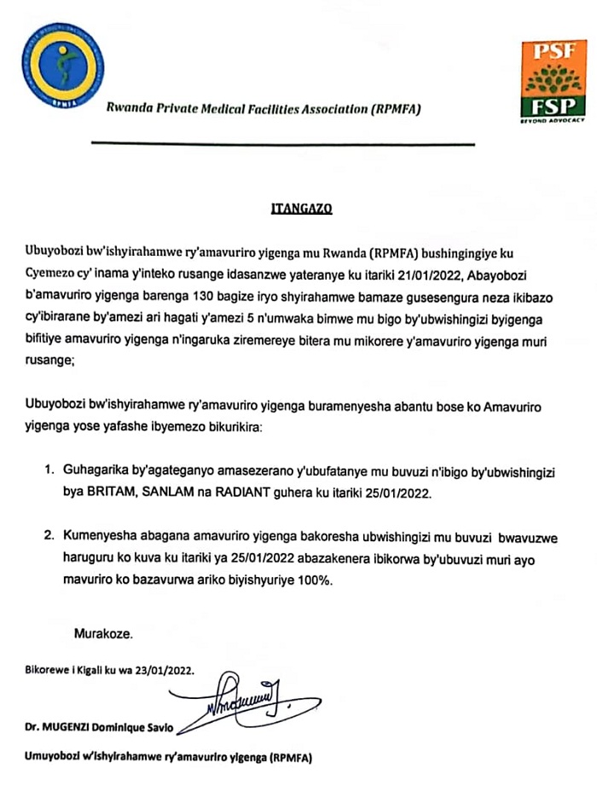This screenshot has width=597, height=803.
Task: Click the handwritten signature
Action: pyautogui.click(x=247, y=700)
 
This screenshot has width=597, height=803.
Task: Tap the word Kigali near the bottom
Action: pyautogui.click(x=102, y=670)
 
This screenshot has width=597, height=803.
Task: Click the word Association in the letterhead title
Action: pyautogui.click(x=332, y=109)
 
